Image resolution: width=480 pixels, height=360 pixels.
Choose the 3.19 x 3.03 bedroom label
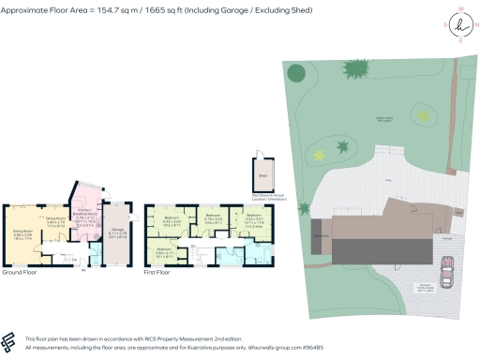(213, 219)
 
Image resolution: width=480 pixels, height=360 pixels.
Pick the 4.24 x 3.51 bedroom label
(253, 223)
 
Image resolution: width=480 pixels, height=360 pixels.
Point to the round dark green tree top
(295, 71)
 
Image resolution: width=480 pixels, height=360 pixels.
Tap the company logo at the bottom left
(11, 341)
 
